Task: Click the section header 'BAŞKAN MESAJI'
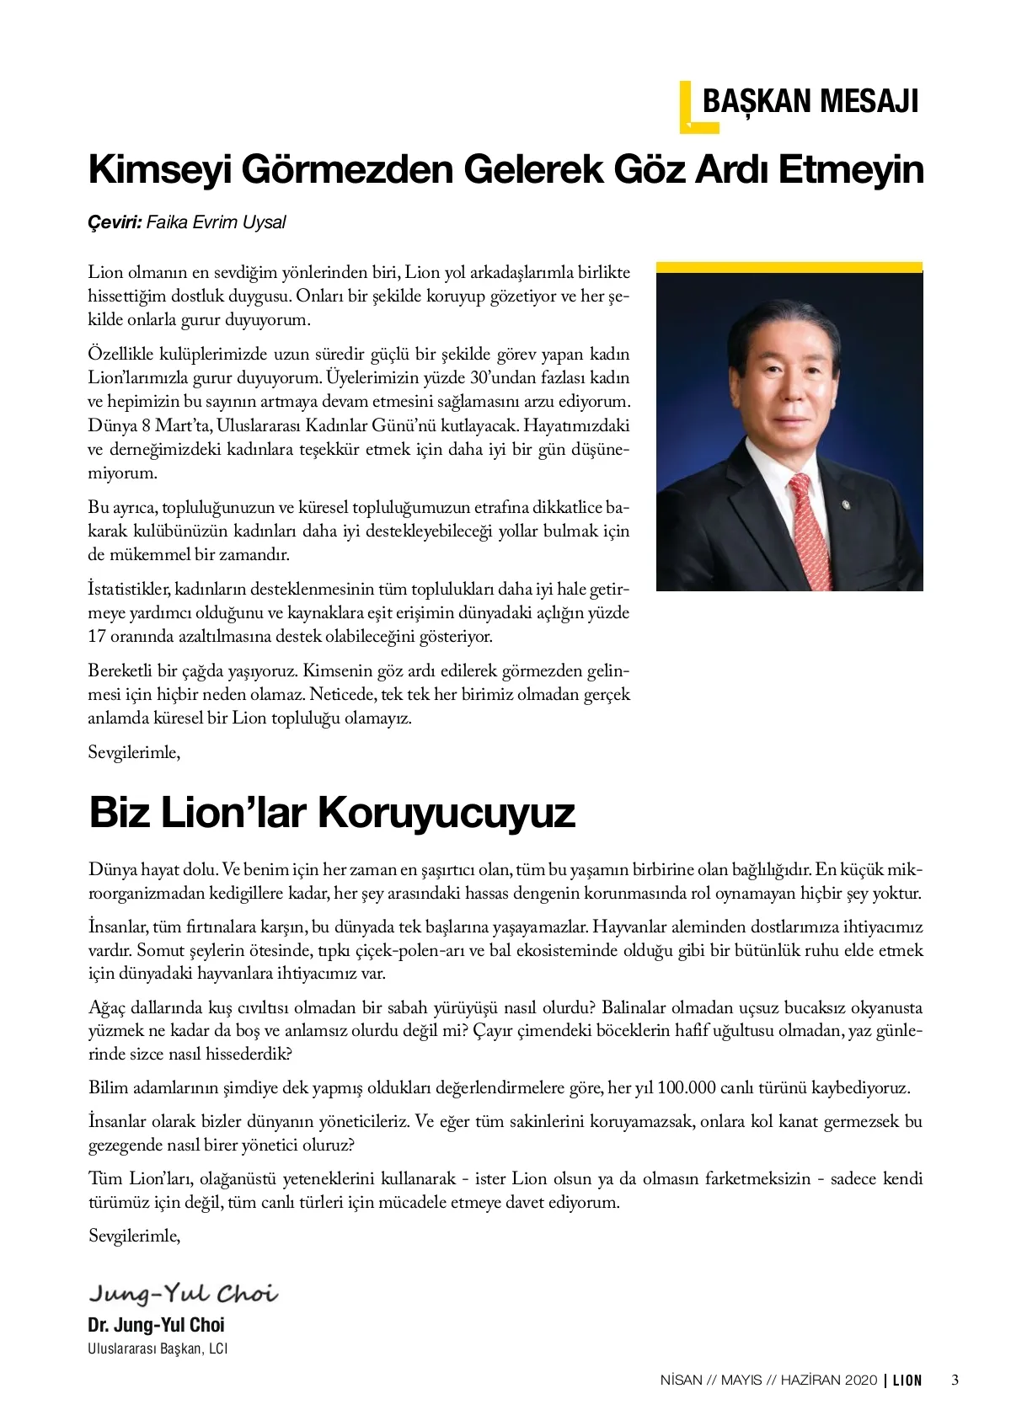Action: tap(810, 102)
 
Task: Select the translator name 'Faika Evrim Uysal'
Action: tap(216, 222)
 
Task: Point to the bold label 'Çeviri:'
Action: tap(115, 222)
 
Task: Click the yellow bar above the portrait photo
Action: tap(789, 267)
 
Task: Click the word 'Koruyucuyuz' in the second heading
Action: tap(447, 813)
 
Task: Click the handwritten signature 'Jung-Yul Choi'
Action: tap(183, 1293)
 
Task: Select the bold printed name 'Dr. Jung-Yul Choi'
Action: tap(157, 1325)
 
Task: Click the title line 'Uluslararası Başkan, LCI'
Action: tap(158, 1349)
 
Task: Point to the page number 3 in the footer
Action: tap(955, 1381)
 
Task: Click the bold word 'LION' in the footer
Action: tap(907, 1381)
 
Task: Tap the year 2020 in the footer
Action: tap(859, 1381)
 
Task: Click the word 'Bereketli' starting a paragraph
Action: tap(120, 671)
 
